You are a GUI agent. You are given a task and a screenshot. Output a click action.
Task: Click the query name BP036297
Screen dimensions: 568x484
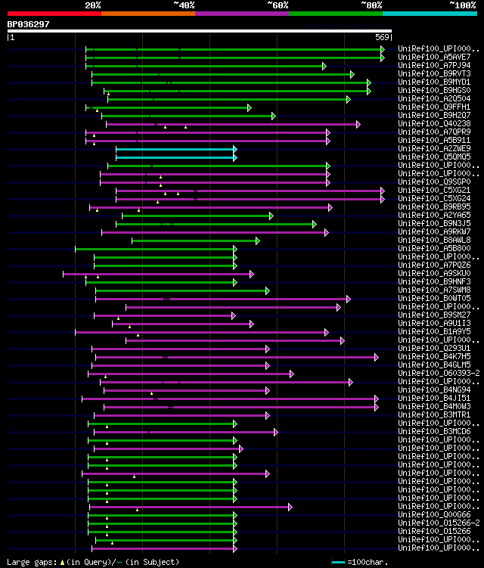tap(29, 24)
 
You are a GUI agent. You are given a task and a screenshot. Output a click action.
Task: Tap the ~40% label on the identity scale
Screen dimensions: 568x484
tap(184, 5)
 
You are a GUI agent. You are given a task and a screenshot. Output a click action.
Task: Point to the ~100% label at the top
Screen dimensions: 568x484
tap(462, 5)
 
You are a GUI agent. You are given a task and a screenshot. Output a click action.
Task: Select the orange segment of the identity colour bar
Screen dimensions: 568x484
tap(147, 13)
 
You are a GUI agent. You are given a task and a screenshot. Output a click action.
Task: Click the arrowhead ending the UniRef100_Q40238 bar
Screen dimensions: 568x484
tap(358, 124)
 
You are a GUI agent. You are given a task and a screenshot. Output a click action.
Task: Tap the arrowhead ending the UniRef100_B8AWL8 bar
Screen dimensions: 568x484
tap(257, 241)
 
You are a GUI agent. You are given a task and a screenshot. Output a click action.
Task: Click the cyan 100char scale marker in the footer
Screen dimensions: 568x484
tap(338, 562)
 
